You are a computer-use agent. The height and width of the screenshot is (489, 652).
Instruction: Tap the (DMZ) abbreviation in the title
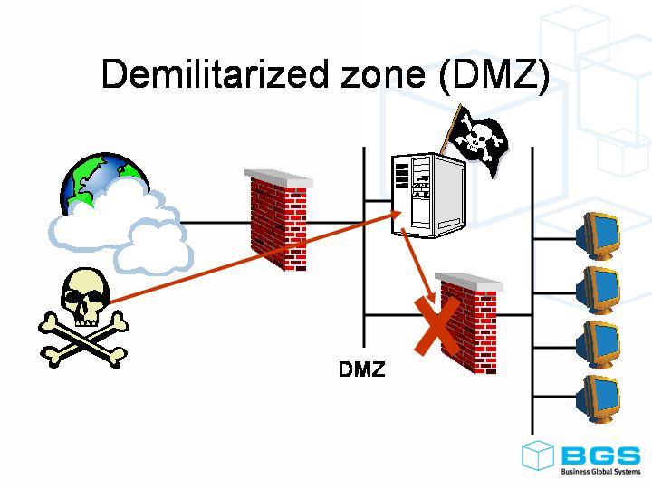pyautogui.click(x=493, y=73)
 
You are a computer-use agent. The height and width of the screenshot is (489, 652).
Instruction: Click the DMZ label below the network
pyautogui.click(x=361, y=369)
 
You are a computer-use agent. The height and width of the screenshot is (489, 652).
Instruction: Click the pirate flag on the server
pyautogui.click(x=477, y=140)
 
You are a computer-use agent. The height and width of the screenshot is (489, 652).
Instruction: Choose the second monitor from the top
pyautogui.click(x=599, y=289)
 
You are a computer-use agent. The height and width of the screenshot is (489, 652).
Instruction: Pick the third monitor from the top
pyautogui.click(x=599, y=343)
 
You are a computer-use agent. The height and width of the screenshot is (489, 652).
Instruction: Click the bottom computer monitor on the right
pyautogui.click(x=599, y=398)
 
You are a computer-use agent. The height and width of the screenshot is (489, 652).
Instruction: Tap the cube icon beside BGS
pyautogui.click(x=538, y=455)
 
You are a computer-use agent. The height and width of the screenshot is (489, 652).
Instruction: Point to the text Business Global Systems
pyautogui.click(x=599, y=471)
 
